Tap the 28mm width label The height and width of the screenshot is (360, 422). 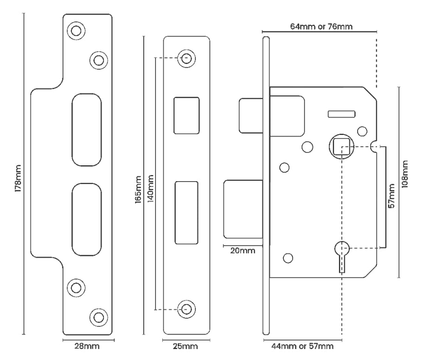(88, 346)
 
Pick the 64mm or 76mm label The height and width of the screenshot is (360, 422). (320, 26)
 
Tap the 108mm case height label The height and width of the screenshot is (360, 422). (405, 172)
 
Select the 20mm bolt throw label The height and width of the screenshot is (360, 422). (242, 251)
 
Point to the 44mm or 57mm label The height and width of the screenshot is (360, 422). (302, 346)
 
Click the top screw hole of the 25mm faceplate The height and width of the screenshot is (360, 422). (186, 58)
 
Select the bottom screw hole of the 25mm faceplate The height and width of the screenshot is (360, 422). (186, 309)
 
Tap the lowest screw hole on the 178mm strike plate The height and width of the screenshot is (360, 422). (98, 317)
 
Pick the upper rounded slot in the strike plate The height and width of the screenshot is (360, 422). (87, 129)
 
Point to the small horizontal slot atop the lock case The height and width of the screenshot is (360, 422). (341, 114)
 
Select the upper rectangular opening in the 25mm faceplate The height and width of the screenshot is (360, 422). (186, 115)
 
